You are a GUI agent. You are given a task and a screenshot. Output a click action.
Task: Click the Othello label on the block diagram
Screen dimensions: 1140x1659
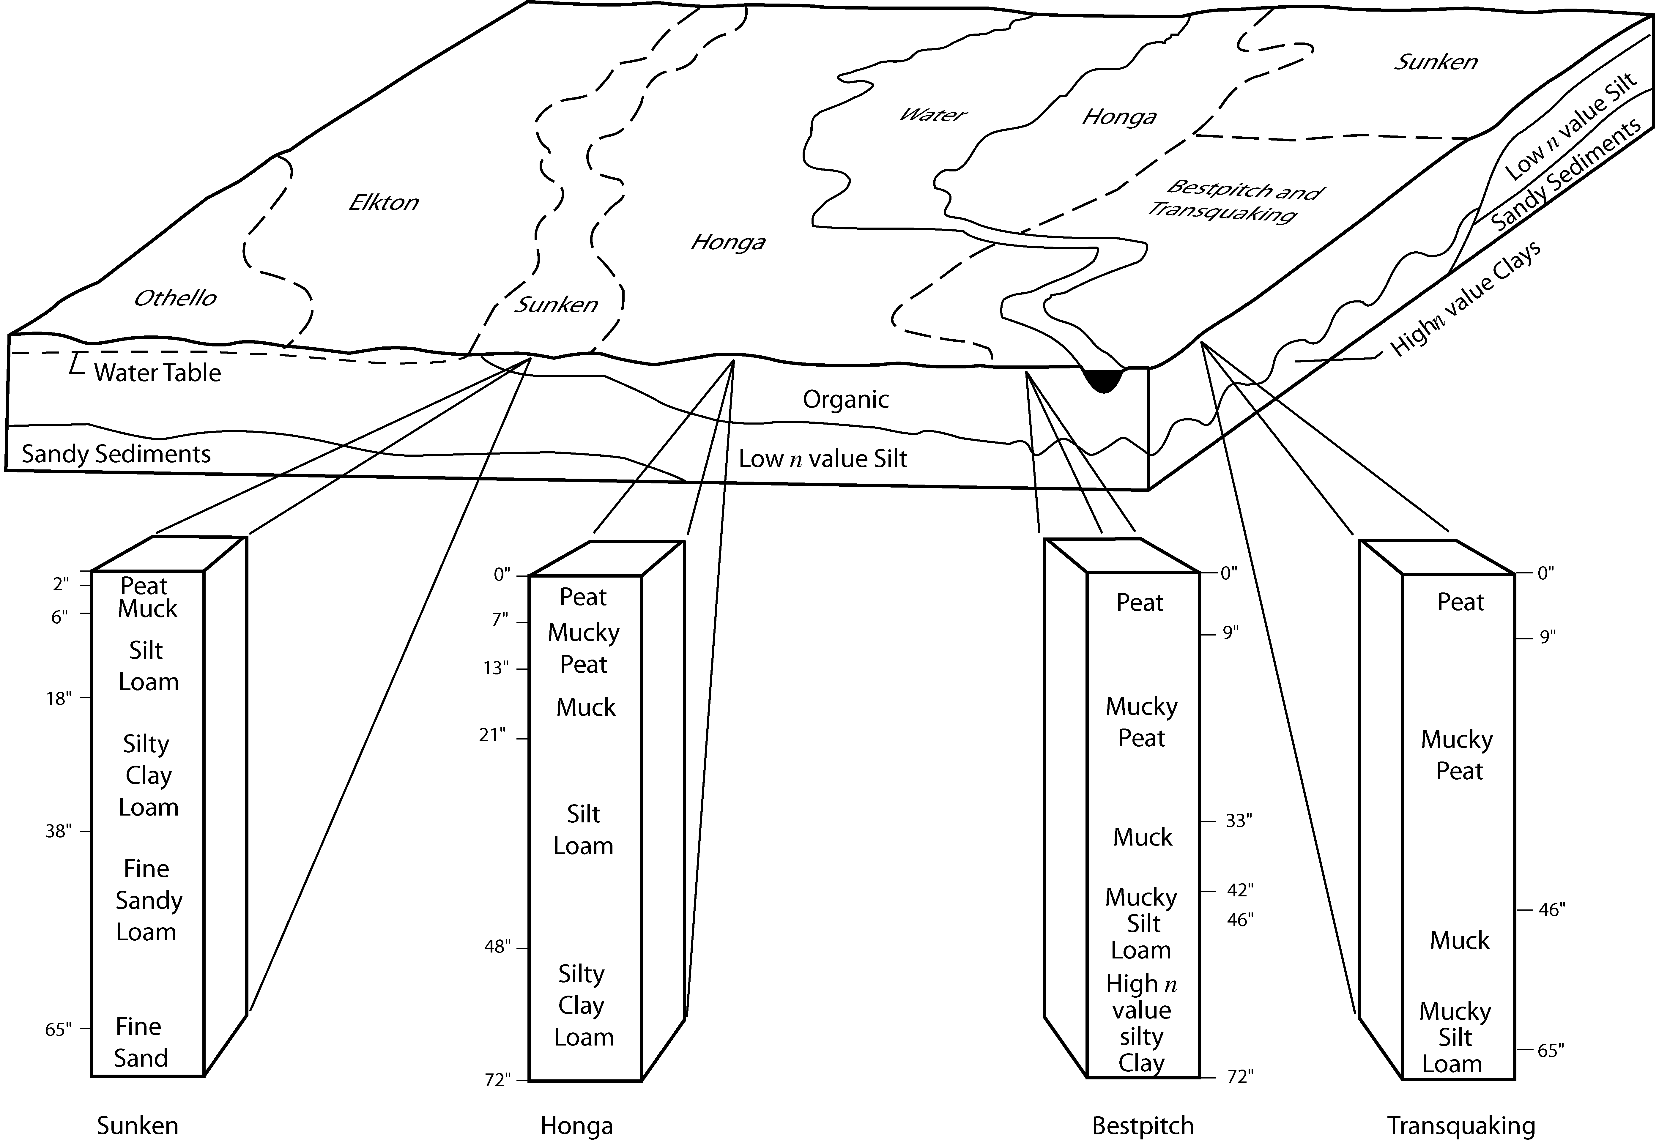click(175, 297)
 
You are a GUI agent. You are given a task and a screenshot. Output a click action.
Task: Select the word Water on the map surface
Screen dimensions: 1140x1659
click(932, 114)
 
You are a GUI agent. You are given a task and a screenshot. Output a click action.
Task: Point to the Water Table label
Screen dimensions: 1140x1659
click(157, 372)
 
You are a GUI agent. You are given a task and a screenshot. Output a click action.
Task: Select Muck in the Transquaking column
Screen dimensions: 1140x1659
click(1459, 941)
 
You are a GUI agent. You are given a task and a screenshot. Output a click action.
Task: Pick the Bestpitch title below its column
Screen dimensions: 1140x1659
click(1143, 1126)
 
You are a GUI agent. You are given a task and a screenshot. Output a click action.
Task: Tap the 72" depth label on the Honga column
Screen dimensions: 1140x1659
click(497, 1080)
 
